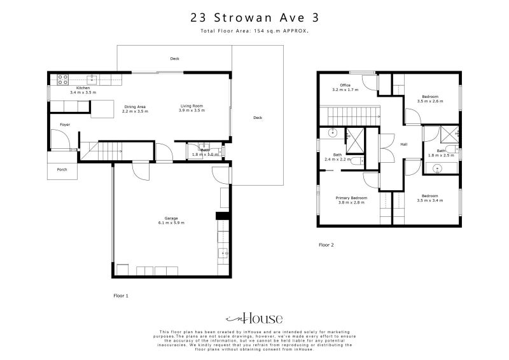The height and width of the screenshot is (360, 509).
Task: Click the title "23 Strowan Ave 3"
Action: coord(254,18)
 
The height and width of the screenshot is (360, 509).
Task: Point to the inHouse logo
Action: coord(254,319)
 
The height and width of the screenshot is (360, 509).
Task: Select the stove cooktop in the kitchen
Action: coord(64,80)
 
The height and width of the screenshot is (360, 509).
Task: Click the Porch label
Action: coord(62,169)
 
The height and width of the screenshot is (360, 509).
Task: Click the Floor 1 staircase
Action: coord(104,151)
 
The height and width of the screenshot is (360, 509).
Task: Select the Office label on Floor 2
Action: coord(345,85)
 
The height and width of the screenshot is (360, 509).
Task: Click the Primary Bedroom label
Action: coord(351,198)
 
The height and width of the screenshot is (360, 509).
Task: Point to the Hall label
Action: coord(403,144)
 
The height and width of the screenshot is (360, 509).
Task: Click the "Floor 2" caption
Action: coord(326,244)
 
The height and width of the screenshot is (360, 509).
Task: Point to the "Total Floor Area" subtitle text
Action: coord(254,31)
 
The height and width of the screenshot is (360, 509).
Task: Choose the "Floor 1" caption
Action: coord(121,296)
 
